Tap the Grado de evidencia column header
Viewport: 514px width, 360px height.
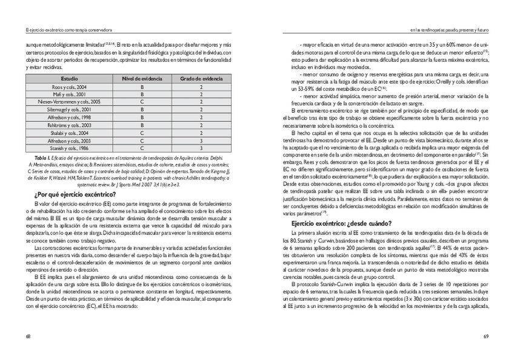(201, 79)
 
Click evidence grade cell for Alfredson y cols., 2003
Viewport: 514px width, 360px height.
(201, 140)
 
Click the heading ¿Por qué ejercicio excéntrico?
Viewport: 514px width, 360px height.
(75, 194)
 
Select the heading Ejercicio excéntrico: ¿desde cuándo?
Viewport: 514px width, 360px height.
(341, 222)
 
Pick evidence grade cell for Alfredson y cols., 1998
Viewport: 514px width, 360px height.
(201, 117)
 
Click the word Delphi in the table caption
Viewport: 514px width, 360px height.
(217, 156)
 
